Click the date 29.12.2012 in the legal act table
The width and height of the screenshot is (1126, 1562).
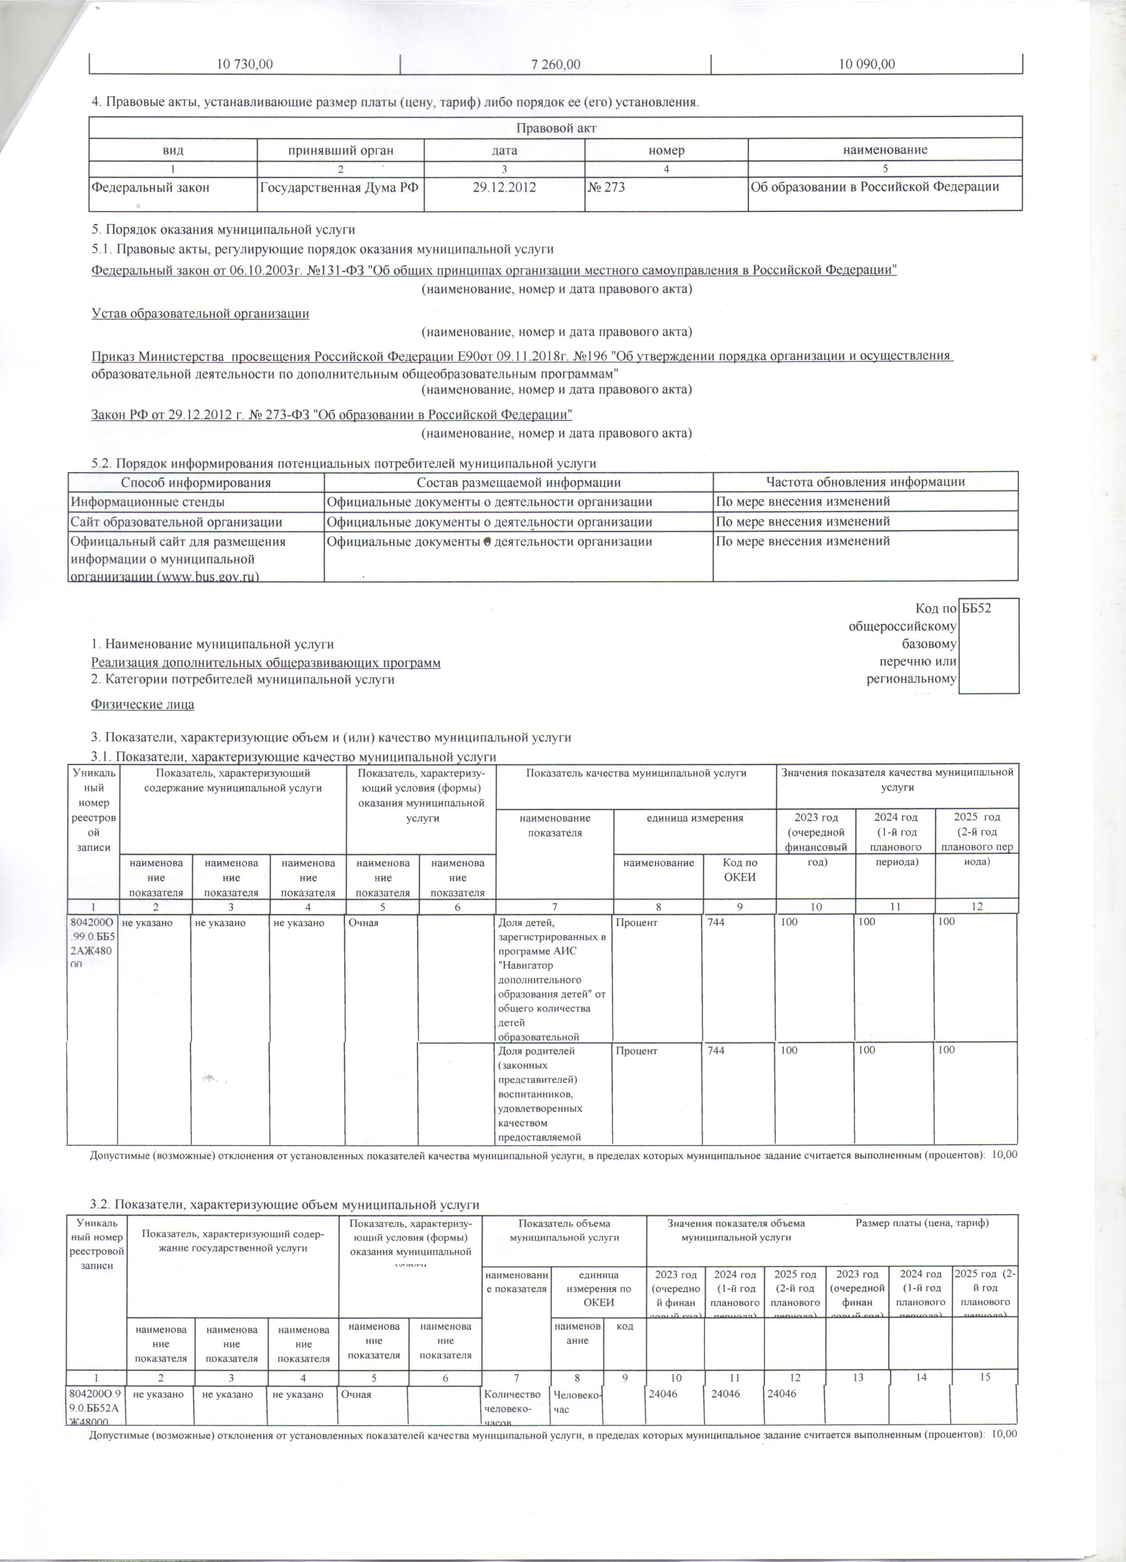[x=504, y=187]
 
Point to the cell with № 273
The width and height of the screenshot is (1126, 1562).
[x=607, y=187]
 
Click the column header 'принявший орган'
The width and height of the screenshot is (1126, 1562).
[x=341, y=150]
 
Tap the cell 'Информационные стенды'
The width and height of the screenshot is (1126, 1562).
[x=148, y=502]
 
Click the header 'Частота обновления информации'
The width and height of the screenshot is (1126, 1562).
[x=865, y=482]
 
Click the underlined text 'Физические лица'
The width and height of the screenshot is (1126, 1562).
[x=143, y=705]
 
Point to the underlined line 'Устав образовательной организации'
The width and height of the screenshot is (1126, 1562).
[x=200, y=314]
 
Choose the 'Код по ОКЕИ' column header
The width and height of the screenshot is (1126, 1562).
[x=740, y=870]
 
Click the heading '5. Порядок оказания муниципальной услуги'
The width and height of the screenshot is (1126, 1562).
[x=224, y=229]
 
